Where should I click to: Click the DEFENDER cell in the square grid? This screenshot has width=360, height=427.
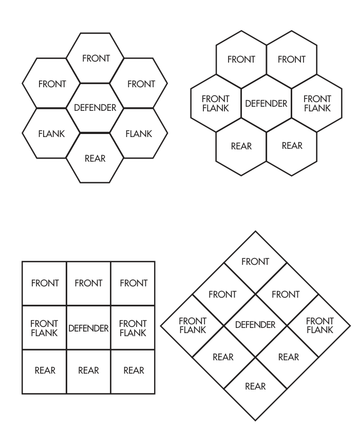tap(88, 327)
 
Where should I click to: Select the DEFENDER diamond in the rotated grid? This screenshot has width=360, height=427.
tap(255, 325)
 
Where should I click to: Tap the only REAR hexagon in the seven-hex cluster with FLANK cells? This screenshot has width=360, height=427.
tap(95, 158)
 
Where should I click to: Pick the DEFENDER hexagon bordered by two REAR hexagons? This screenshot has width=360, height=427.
tap(266, 103)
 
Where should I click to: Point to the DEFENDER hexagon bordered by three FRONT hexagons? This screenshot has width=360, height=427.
tap(95, 108)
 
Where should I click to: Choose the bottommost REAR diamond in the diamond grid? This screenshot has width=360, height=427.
tap(255, 389)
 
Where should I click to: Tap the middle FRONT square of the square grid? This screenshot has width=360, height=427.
tap(88, 283)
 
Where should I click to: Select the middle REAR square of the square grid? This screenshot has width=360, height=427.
tap(88, 372)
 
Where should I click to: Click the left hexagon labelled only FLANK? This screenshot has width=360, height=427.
tap(51, 133)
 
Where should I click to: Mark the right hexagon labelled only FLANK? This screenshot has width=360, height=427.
tap(139, 133)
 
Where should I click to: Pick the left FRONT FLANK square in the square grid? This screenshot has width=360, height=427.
tap(44, 327)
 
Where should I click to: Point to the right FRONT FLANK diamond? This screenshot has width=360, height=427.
tap(318, 325)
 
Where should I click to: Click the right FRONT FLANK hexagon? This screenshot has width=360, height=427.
tap(317, 103)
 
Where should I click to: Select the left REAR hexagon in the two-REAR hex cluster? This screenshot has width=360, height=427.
tap(241, 147)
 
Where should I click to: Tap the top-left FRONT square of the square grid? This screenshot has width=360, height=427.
tap(44, 283)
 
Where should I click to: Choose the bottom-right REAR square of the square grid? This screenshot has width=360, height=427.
tap(133, 372)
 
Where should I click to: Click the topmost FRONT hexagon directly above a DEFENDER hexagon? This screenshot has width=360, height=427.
tap(95, 58)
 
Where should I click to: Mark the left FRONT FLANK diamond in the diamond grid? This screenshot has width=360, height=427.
tap(192, 325)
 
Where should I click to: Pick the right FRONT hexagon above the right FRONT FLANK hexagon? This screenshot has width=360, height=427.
tap(292, 60)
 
